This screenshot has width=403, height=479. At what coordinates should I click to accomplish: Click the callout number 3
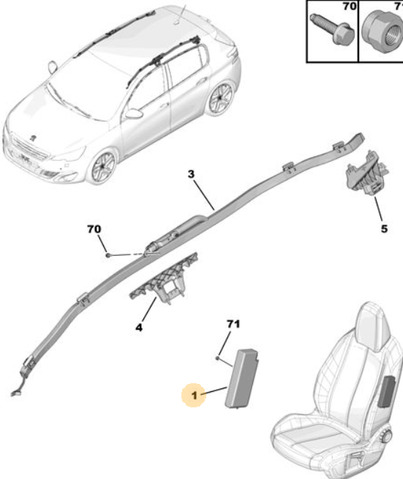point(191,174)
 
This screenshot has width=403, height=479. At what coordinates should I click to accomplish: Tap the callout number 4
point(139,328)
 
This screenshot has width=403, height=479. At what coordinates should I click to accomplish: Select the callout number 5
point(384,229)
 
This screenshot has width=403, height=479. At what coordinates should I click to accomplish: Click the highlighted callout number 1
point(195,396)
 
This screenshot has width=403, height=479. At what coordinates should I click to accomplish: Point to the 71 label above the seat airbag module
point(233,324)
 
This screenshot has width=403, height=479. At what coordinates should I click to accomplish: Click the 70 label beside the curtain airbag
point(94,229)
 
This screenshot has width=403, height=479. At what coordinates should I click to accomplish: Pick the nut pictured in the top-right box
point(382,34)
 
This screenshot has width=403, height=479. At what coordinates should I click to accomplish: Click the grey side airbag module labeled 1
point(242,377)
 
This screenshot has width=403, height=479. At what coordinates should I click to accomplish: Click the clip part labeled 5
point(366,174)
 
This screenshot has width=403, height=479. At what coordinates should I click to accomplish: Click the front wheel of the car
point(103,167)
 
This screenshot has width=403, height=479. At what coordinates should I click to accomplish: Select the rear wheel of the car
point(220,99)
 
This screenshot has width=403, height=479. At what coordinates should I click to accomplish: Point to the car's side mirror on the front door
point(134,113)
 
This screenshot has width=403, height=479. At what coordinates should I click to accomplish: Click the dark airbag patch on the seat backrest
point(386,392)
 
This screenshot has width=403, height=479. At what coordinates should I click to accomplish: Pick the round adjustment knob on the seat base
point(387,436)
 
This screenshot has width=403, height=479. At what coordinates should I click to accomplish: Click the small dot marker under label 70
point(108,254)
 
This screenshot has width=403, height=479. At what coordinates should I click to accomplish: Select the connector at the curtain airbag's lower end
point(15,393)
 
